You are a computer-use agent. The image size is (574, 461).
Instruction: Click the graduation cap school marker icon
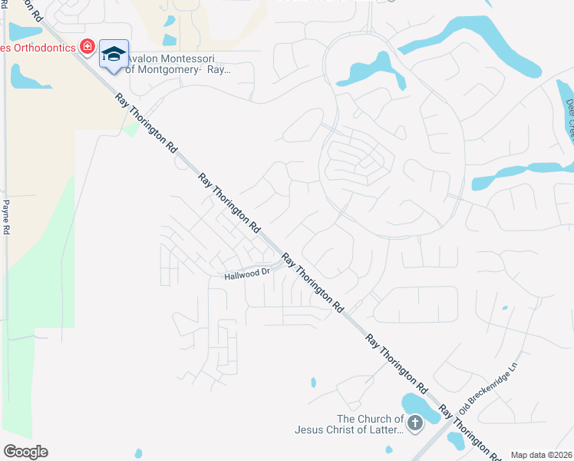[114, 53]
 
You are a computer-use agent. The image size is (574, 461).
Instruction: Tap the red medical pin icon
[87, 48]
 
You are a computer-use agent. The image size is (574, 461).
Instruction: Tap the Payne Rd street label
[6, 217]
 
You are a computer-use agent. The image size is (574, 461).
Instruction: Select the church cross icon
[414, 423]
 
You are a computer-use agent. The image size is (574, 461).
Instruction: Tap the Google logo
[25, 452]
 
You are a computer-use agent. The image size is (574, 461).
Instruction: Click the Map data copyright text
[541, 455]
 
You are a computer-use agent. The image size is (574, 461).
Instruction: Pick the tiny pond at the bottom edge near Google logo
[138, 453]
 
